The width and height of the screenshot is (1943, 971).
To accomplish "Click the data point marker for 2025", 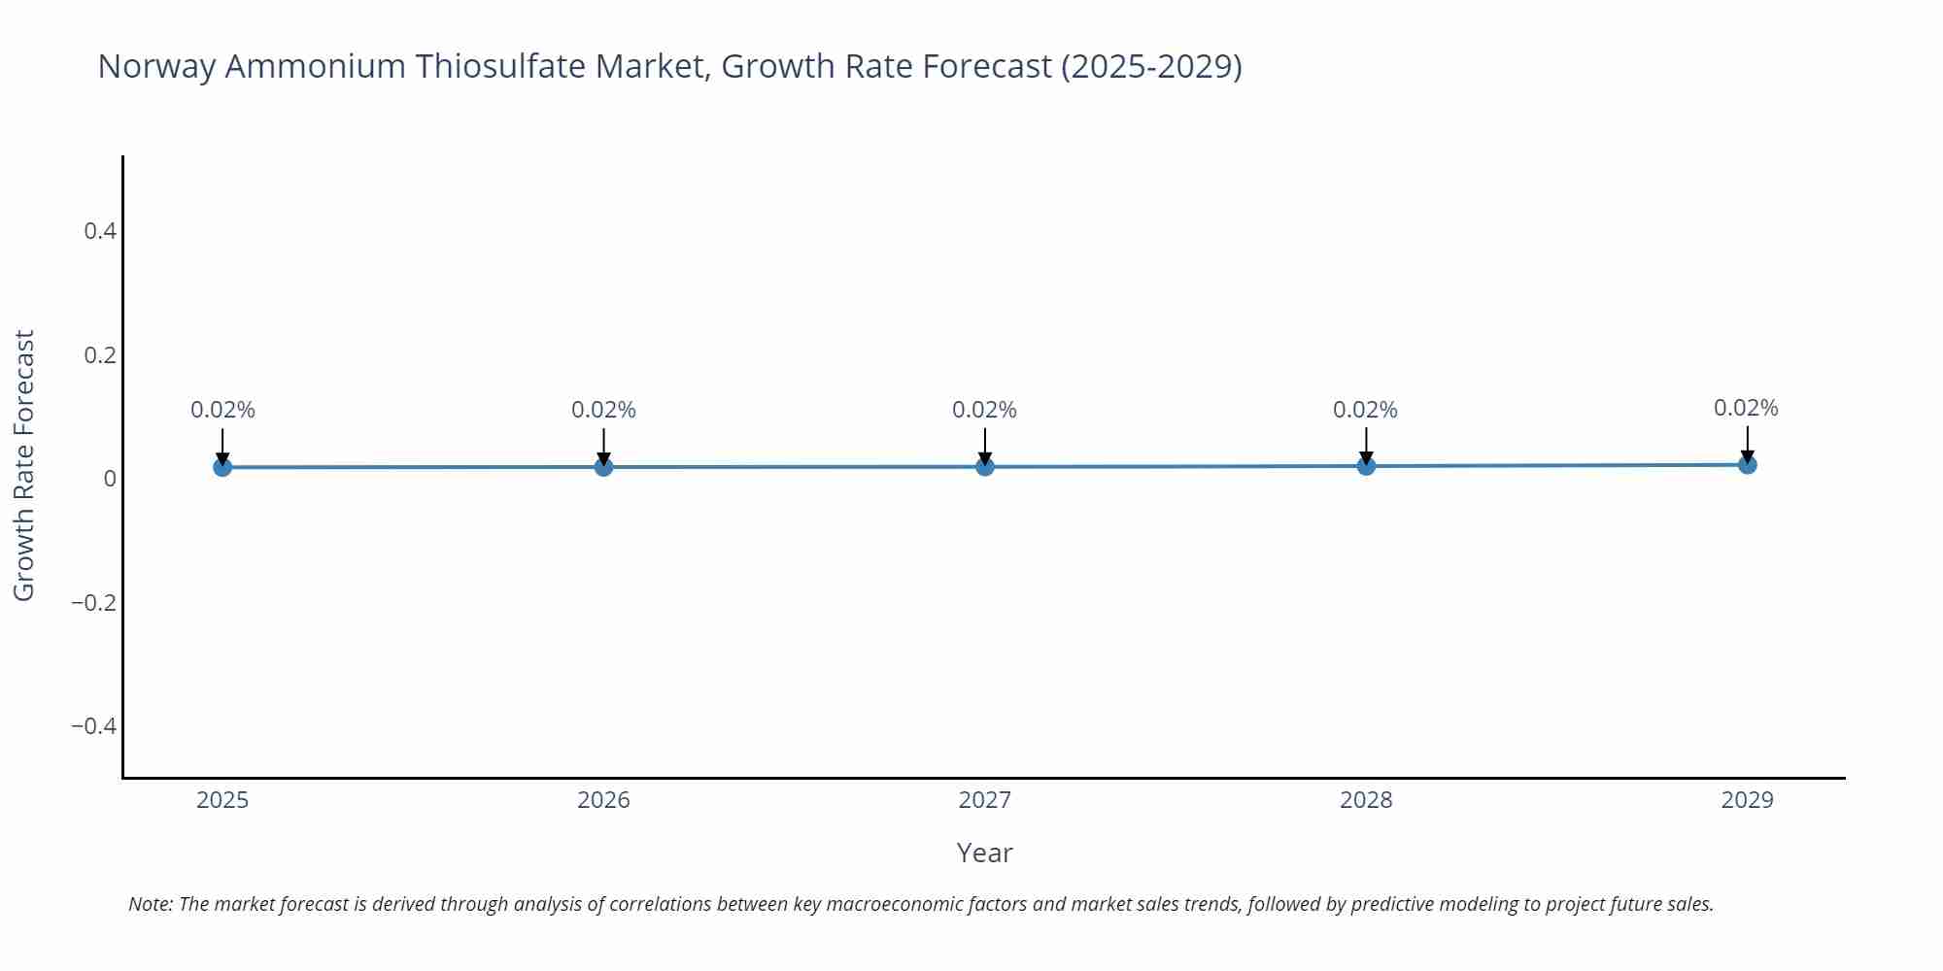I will coord(222,467).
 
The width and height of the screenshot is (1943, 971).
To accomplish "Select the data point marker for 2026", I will coord(603,467).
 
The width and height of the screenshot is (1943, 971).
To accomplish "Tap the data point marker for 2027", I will coord(985,467).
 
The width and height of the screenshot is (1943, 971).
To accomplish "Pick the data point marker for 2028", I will coord(1366,466).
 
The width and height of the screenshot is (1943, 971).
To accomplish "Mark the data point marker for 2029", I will coord(1747,465).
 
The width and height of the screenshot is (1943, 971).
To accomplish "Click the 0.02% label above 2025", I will coord(222,410).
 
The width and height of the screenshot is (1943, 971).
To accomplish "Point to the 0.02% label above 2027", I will coord(984,410).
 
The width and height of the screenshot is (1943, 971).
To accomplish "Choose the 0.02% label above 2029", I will coord(1746,408).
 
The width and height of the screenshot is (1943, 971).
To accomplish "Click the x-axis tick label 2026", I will coord(603,800).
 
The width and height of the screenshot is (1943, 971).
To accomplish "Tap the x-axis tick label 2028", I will coord(1366,800).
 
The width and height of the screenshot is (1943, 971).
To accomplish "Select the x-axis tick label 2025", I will coord(222,800).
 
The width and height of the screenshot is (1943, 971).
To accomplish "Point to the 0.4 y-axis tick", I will coord(100,231).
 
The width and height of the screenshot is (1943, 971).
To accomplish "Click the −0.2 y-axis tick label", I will coord(93,603).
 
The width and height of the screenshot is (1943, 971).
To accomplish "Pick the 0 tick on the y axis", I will coord(110,479).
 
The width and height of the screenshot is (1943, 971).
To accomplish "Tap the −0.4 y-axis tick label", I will coord(93,726).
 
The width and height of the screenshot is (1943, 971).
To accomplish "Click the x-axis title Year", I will coord(984,853).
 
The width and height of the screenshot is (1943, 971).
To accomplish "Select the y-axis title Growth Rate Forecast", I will coord(24,465).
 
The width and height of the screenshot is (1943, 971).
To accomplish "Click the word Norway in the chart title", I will coord(156,66).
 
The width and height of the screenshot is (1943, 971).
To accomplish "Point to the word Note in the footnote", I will coord(150,904).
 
